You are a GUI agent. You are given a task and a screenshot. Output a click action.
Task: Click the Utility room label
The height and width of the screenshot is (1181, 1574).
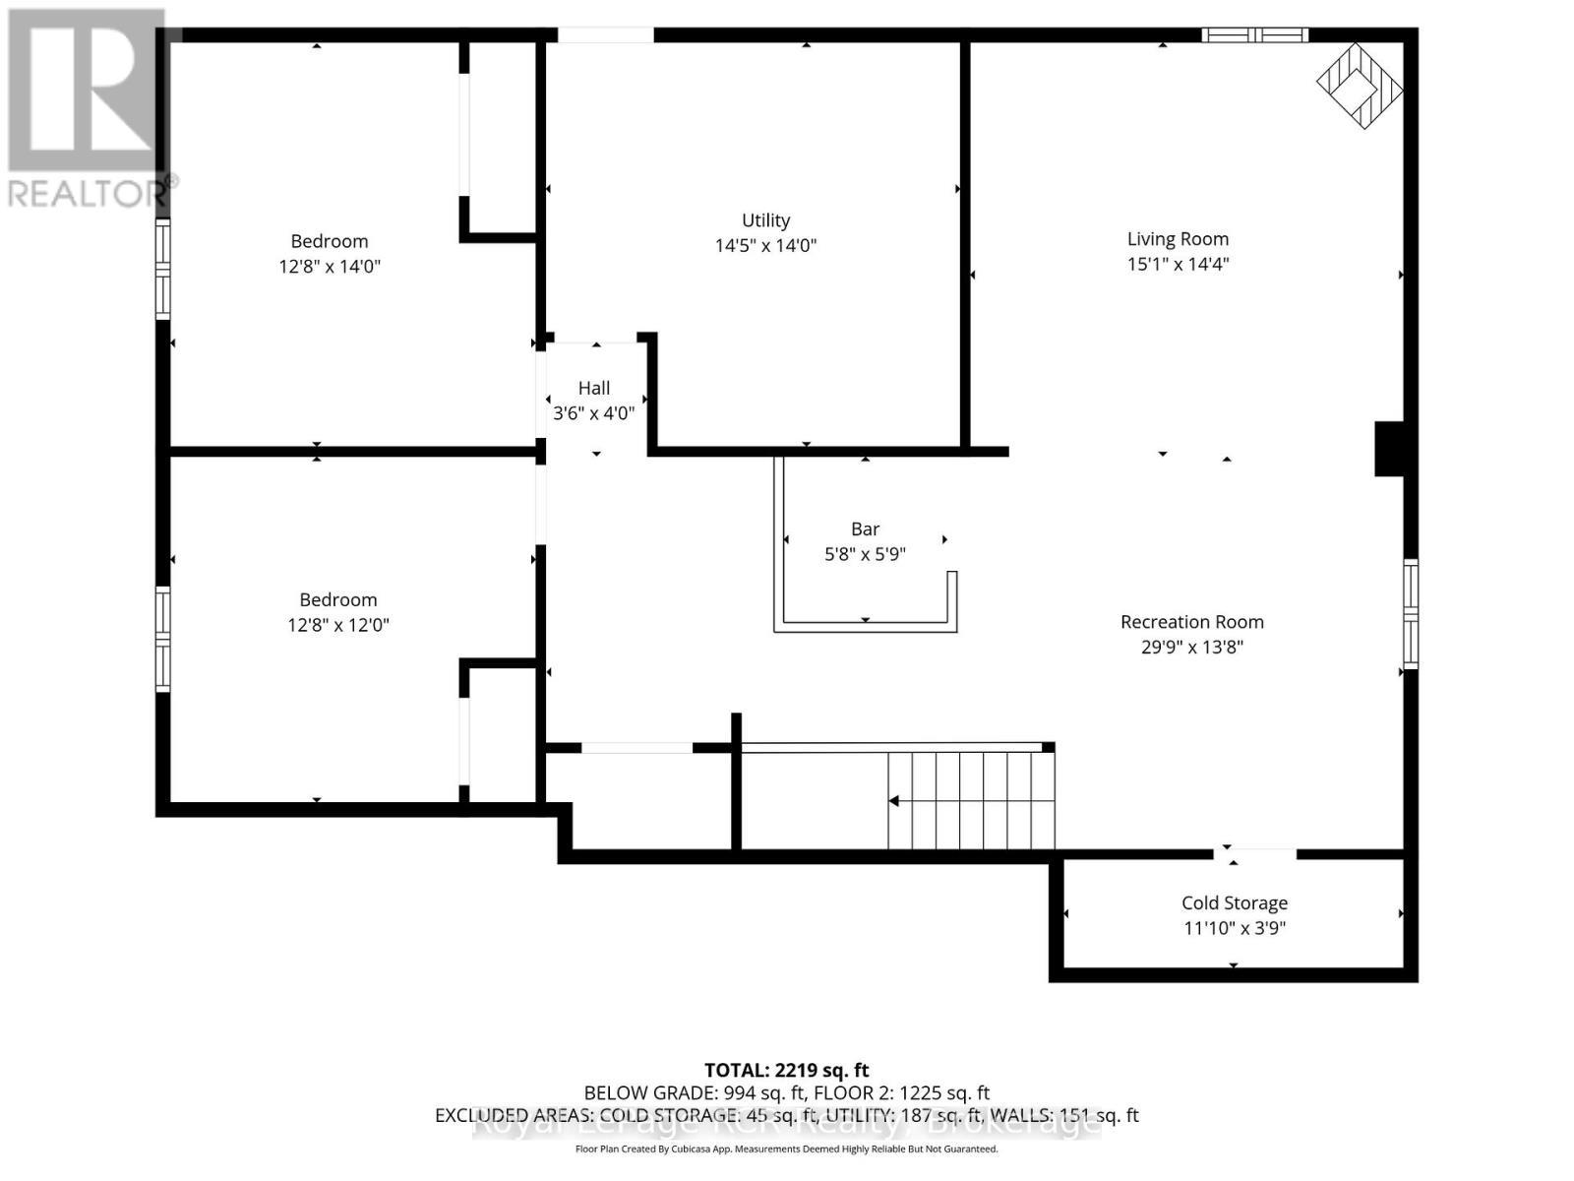(x=765, y=220)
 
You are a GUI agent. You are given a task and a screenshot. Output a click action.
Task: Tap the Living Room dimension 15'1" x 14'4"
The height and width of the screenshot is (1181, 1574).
(x=1178, y=264)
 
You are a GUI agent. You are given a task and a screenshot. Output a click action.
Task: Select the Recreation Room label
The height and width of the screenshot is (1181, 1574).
(x=1191, y=622)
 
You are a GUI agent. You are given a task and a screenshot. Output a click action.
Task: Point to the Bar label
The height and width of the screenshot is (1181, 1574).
(x=865, y=529)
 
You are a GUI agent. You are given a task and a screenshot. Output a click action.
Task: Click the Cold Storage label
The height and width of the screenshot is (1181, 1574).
(x=1234, y=902)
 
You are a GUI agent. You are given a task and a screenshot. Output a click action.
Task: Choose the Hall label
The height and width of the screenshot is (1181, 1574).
(x=593, y=388)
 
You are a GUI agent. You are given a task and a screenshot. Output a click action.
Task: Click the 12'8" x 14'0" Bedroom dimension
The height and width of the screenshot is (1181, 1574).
(x=329, y=266)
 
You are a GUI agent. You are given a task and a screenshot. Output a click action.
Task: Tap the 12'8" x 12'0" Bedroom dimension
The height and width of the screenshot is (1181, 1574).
(x=337, y=625)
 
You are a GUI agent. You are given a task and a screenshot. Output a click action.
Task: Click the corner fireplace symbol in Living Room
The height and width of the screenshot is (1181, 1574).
(x=1361, y=86)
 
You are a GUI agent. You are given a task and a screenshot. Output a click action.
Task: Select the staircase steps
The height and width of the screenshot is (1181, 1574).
(x=971, y=799)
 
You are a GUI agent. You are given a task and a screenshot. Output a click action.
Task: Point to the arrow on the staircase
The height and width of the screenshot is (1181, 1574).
(x=894, y=801)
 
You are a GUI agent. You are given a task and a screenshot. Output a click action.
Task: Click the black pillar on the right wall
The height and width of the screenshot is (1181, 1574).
(x=1388, y=449)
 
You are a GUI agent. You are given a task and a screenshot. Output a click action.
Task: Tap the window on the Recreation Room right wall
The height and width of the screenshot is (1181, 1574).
(x=1410, y=614)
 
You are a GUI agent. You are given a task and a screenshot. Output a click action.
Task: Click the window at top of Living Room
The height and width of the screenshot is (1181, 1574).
(x=1254, y=35)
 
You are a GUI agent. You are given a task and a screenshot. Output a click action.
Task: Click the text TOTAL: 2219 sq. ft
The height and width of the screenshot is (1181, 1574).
(x=786, y=1070)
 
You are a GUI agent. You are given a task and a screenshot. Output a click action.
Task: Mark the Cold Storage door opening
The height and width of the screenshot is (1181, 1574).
(x=1254, y=853)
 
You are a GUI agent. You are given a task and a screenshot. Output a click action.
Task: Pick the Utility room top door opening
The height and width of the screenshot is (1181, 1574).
(x=605, y=35)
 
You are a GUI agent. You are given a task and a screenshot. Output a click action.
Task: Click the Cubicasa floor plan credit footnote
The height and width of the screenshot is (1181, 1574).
(x=786, y=1149)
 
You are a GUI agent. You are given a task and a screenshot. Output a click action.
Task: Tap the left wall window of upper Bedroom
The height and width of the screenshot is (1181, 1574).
(x=163, y=269)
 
